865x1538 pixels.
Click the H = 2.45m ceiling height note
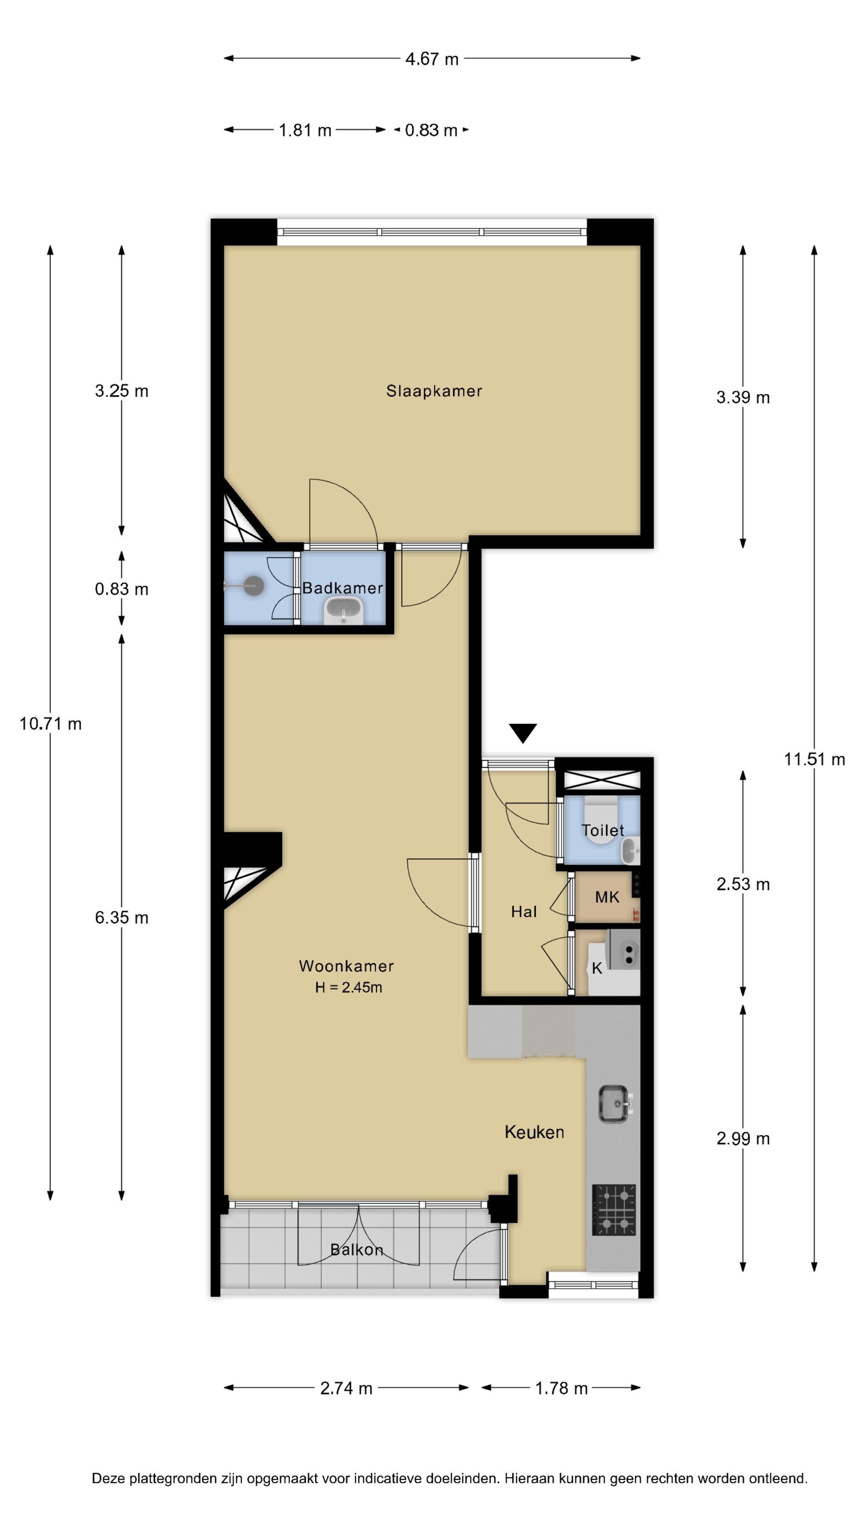(349, 987)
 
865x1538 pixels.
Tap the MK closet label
(607, 897)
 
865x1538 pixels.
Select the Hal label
(523, 911)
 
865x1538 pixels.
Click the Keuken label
(534, 1132)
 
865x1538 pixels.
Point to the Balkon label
(356, 1250)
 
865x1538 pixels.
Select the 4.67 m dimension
(432, 59)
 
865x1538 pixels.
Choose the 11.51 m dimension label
(814, 759)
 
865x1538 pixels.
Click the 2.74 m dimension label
(346, 1388)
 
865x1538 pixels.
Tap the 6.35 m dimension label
(121, 918)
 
